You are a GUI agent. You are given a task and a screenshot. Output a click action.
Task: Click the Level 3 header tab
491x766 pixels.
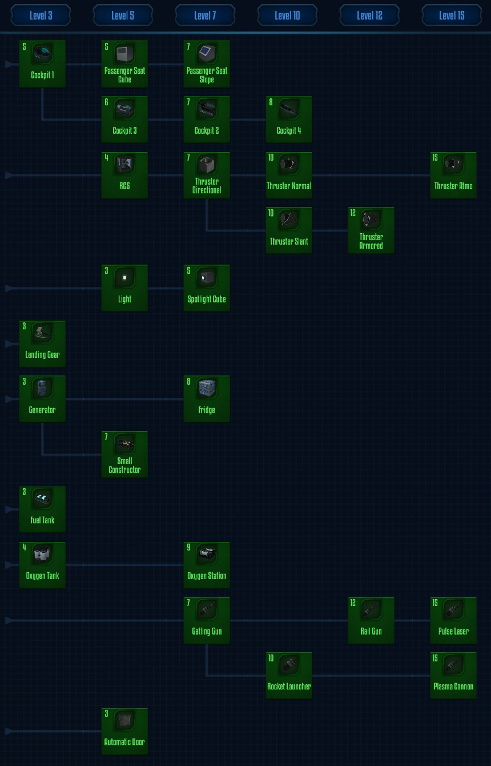click(41, 15)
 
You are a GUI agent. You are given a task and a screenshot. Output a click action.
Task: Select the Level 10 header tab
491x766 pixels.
click(287, 15)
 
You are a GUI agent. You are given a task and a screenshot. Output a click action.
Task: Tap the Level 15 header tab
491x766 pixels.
click(452, 15)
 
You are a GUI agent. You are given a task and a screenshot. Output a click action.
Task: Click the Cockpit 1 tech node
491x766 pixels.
click(42, 64)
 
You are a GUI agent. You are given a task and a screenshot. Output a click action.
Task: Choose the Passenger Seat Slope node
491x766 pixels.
click(207, 64)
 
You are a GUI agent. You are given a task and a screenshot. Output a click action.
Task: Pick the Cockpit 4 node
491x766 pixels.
click(289, 119)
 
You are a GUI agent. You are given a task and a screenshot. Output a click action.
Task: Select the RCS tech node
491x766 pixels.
click(124, 175)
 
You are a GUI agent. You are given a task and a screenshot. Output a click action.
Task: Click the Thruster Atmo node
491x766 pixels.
click(453, 175)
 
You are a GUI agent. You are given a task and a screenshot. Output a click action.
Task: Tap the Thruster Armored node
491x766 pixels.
click(371, 230)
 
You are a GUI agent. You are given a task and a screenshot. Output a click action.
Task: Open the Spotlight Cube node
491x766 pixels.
click(207, 288)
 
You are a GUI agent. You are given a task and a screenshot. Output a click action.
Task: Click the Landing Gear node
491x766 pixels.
click(42, 344)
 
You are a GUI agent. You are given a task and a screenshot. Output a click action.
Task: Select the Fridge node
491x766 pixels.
click(207, 399)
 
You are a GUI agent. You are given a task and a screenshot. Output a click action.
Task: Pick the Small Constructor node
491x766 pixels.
click(124, 454)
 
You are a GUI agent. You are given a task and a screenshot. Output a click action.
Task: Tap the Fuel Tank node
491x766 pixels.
click(42, 509)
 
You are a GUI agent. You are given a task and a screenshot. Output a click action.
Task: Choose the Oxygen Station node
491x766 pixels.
click(207, 565)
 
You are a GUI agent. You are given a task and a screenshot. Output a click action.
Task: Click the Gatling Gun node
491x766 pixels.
click(207, 620)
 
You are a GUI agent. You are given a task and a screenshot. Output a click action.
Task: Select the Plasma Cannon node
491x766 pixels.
click(453, 676)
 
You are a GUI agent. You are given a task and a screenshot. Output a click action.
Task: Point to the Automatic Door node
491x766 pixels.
click(124, 731)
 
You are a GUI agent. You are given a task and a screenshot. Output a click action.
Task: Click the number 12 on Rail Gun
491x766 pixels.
click(353, 603)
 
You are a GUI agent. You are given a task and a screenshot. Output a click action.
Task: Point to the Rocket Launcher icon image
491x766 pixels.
click(289, 665)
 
